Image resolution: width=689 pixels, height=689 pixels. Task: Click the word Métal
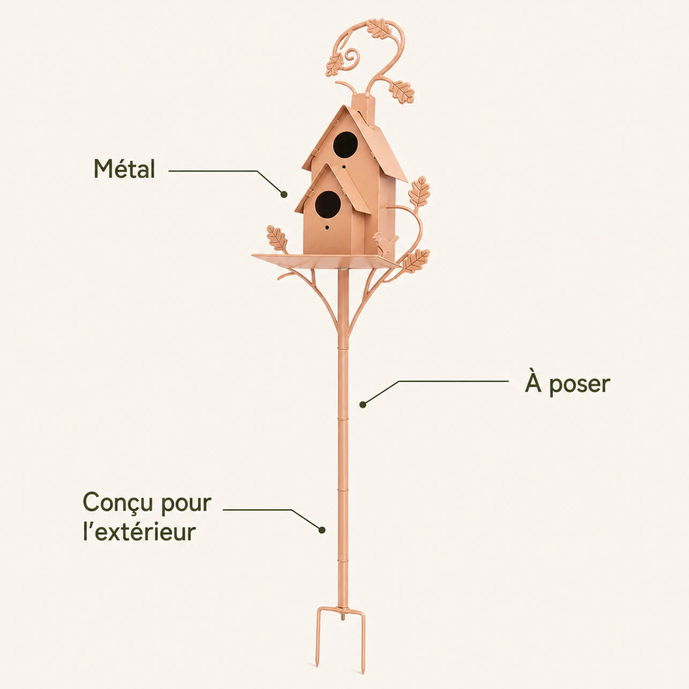point(124,169)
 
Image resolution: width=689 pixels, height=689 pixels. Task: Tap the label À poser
point(567,384)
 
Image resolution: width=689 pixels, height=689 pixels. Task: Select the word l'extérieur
point(139,531)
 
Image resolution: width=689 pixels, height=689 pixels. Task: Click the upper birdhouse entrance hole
point(346,144)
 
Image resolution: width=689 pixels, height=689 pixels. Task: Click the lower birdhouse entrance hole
point(328,204)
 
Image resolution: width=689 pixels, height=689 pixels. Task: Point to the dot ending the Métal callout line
point(284,194)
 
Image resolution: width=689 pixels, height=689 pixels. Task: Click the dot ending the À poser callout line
point(363,405)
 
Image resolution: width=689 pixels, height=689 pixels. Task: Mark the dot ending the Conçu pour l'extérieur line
point(322,530)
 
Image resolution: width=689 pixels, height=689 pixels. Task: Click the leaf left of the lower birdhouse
point(277,239)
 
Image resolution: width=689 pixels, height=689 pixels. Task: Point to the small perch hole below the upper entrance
point(344,167)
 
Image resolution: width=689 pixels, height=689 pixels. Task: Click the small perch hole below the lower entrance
point(327,227)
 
